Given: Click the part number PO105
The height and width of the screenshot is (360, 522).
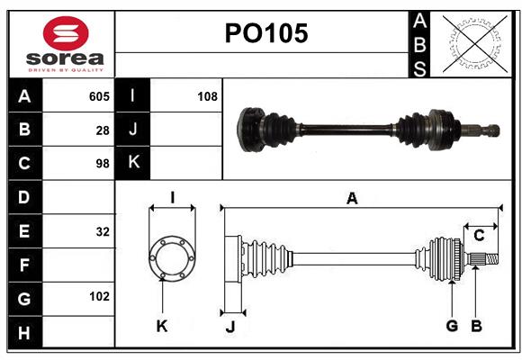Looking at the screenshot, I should point(265,34).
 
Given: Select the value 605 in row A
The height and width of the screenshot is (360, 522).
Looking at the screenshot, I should point(99,96).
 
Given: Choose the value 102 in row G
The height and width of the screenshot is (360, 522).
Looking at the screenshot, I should point(99,296).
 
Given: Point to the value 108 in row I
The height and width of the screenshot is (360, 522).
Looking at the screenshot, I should point(207,96).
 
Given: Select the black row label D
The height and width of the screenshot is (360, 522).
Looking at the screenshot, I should point(24,197).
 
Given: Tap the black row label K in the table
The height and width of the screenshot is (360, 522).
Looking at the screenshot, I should point(133,163).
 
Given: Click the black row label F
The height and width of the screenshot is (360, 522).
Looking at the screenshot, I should point(24,265).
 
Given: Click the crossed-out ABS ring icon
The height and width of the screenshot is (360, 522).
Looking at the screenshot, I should point(471,44).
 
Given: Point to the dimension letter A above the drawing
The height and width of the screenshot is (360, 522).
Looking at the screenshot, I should point(352,199).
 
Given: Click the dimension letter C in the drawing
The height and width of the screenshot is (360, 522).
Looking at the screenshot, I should point(480,236).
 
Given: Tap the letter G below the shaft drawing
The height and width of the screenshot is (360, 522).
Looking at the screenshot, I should point(452,326).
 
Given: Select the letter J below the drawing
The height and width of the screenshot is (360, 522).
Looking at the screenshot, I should point(229,328).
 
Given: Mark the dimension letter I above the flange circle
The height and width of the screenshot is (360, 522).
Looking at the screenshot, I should point(172,197).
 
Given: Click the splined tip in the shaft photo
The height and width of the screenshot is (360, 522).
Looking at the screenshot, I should point(489,130).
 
